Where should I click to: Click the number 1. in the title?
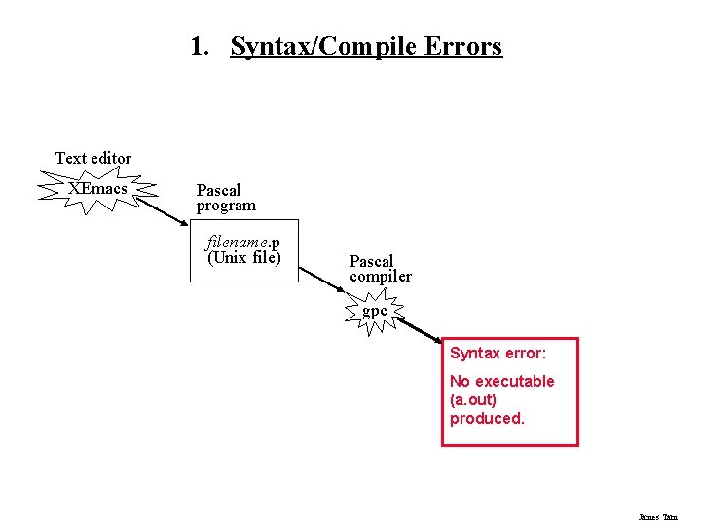202,46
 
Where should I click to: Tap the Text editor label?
93,158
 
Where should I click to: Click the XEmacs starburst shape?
97,188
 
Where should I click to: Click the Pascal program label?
226,198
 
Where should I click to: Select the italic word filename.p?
243,243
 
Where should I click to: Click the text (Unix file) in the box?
243,258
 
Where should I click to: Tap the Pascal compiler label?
380,269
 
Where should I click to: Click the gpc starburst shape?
375,312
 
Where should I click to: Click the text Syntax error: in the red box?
498,354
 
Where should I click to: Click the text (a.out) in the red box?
473,399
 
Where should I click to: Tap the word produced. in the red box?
487,418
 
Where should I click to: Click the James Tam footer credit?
657,517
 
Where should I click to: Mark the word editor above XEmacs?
110,158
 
